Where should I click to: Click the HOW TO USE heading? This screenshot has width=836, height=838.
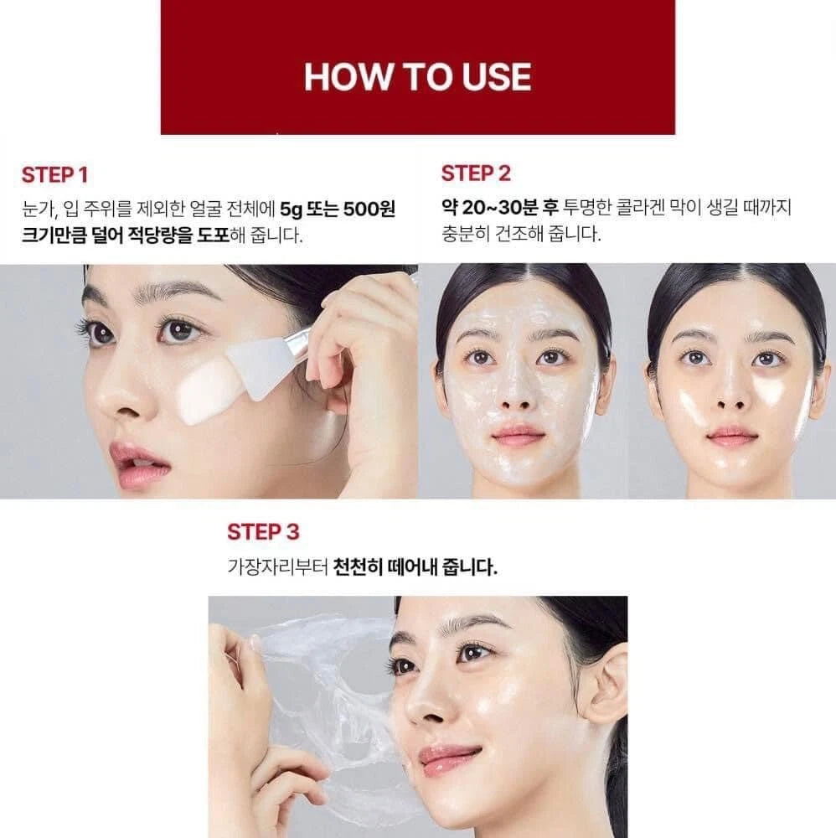(x=417, y=77)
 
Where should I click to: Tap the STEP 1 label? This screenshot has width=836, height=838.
(x=54, y=175)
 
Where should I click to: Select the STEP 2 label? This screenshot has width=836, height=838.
(x=476, y=173)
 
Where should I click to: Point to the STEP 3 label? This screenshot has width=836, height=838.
(x=263, y=532)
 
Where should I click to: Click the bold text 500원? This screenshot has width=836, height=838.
(x=369, y=209)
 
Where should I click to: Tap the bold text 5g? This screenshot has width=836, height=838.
(x=292, y=209)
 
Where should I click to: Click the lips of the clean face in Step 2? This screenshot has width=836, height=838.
(x=730, y=434)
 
